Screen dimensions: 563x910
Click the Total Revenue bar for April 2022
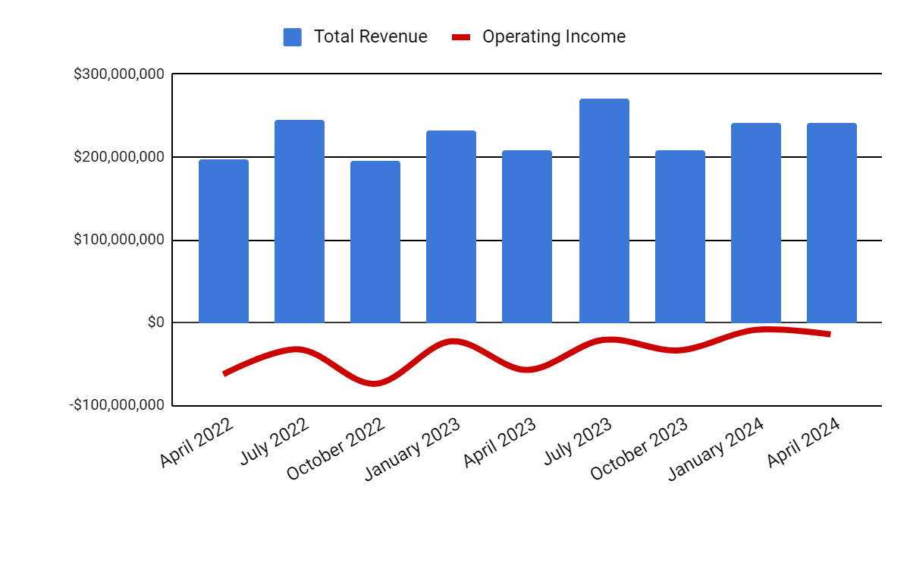(224, 241)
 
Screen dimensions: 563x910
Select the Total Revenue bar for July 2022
(300, 222)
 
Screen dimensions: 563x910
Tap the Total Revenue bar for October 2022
(375, 242)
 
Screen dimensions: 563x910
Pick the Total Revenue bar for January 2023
(451, 227)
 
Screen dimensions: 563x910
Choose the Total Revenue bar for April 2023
(527, 237)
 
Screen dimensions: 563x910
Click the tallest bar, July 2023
(604, 211)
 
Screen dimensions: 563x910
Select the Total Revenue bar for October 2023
(680, 237)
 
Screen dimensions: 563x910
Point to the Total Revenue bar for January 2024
(756, 223)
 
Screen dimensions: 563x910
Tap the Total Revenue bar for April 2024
(832, 223)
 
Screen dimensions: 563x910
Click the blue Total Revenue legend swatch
(293, 37)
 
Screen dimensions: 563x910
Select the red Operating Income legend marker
(461, 37)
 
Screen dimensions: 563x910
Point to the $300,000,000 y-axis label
(118, 74)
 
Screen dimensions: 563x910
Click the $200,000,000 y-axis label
(118, 157)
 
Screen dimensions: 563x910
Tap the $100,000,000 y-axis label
(118, 240)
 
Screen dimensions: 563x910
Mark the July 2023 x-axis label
(578, 441)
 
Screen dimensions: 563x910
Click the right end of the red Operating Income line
(829, 334)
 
